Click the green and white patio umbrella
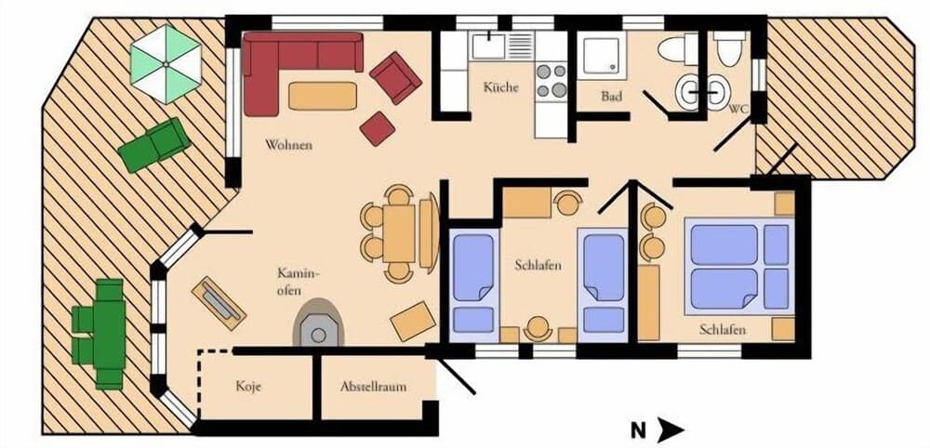(165, 63)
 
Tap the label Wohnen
(288, 146)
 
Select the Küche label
(500, 88)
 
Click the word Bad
(611, 96)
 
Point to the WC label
(738, 109)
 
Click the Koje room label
(247, 386)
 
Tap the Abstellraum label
(373, 387)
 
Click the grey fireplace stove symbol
(318, 323)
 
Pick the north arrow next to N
(670, 430)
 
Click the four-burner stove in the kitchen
(551, 79)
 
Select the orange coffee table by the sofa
(323, 96)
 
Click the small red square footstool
(378, 128)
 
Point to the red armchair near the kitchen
(395, 77)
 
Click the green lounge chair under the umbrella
(154, 144)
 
